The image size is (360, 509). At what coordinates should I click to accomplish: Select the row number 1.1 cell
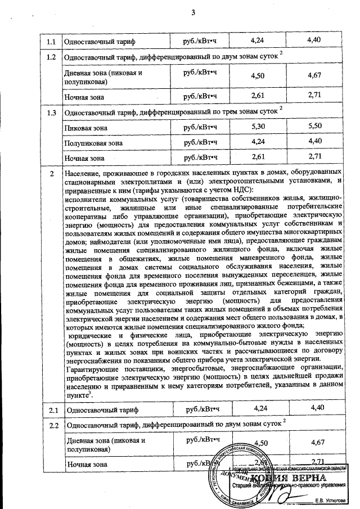(51, 42)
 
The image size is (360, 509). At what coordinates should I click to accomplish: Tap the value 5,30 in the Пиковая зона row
(256, 128)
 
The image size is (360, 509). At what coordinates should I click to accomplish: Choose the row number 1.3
(51, 112)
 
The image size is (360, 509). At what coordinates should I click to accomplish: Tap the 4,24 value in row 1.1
(256, 40)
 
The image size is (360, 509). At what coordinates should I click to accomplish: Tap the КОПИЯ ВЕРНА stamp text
(298, 479)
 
